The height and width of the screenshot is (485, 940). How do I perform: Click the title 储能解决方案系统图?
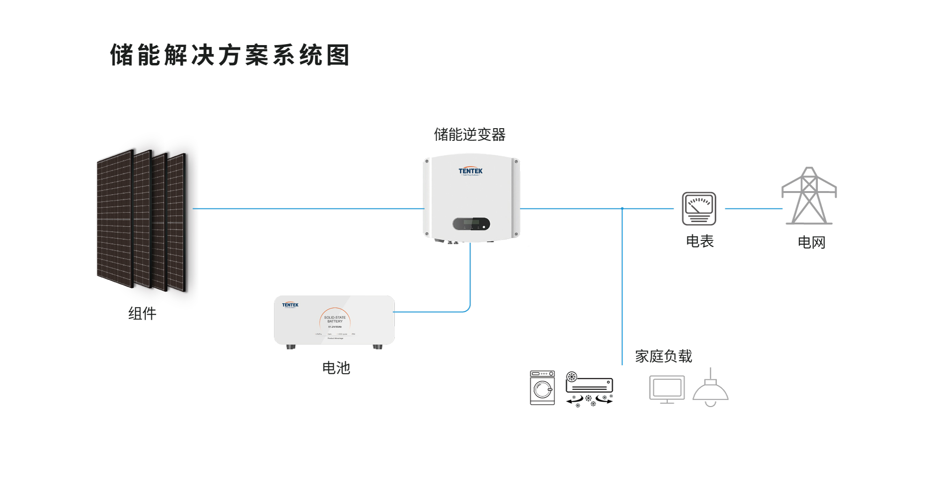click(x=230, y=55)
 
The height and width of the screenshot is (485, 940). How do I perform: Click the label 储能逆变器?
click(x=470, y=135)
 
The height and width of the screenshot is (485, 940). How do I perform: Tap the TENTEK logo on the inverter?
click(x=470, y=171)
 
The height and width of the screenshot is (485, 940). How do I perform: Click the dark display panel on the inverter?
click(x=471, y=224)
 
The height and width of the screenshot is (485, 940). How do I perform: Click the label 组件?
click(x=142, y=313)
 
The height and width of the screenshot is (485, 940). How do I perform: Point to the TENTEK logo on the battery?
click(x=290, y=305)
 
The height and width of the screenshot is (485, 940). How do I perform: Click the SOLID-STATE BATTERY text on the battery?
click(x=335, y=319)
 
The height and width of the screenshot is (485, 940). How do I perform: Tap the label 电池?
click(x=336, y=368)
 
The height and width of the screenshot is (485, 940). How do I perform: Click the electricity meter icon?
click(x=699, y=208)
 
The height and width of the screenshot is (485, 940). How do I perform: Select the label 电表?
click(x=700, y=241)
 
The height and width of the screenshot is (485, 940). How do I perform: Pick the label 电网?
click(x=812, y=242)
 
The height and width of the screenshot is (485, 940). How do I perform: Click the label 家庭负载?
click(x=663, y=356)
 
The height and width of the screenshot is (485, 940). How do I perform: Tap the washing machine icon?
click(x=542, y=388)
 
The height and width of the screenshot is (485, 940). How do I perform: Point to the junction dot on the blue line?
click(x=622, y=208)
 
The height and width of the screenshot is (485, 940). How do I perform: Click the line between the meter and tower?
click(x=753, y=208)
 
